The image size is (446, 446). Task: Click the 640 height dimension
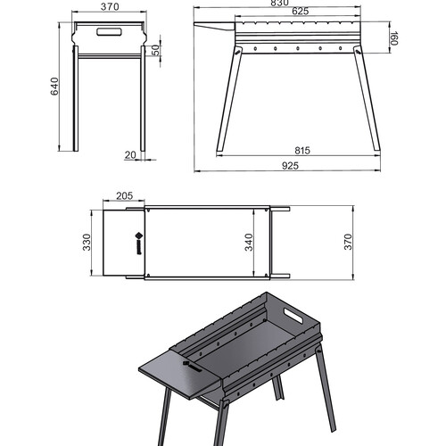54,87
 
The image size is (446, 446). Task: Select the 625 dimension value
301,12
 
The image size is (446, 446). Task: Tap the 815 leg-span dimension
302,151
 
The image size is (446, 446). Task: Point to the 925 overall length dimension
290,166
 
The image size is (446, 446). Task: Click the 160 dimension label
394,38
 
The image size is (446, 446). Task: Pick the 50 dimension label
155,51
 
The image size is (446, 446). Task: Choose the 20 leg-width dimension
130,155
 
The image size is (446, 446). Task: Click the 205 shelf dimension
124,196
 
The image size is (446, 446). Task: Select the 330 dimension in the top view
87,243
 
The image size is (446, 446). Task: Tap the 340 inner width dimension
249,243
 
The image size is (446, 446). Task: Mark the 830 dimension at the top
279,3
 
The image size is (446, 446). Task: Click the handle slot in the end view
109,32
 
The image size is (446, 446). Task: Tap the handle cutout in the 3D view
293,316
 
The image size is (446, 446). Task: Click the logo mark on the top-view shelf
139,244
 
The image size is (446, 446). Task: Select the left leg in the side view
229,99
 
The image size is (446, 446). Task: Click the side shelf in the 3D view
181,374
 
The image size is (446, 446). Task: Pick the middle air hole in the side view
298,48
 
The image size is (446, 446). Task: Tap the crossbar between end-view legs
109,56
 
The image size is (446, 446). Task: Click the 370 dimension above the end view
110,7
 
